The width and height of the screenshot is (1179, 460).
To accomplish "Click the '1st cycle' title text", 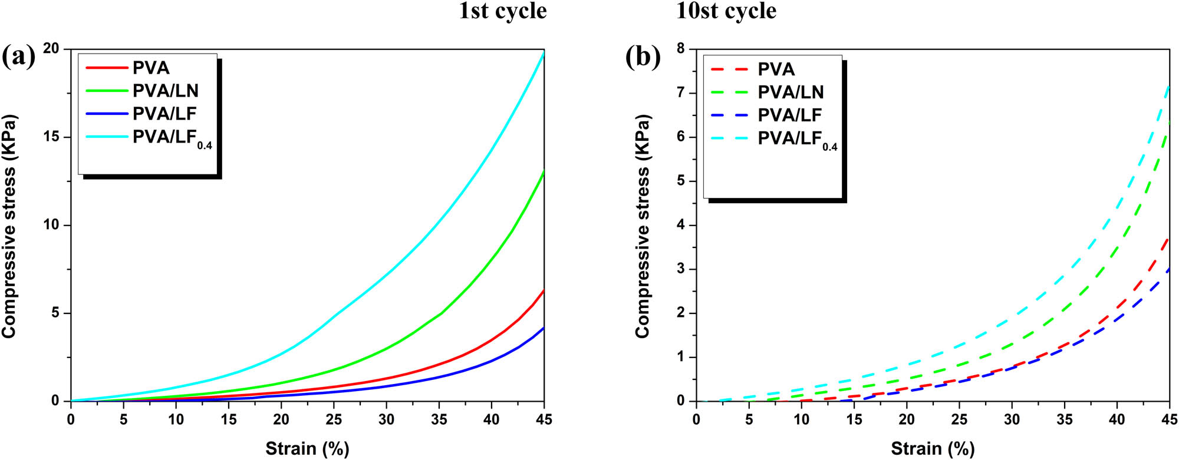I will pyautogui.click(x=502, y=11).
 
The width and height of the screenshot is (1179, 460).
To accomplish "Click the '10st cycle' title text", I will pyautogui.click(x=726, y=11).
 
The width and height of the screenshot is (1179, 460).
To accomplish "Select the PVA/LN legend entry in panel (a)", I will pyautogui.click(x=165, y=91).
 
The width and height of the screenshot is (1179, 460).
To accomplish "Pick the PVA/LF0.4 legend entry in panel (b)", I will pyautogui.click(x=797, y=140).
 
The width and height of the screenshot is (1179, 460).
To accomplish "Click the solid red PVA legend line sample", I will pyautogui.click(x=107, y=68).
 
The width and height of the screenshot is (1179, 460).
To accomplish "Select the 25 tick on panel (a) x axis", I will pyautogui.click(x=334, y=419).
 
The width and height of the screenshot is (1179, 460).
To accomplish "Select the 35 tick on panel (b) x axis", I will pyautogui.click(x=1064, y=419).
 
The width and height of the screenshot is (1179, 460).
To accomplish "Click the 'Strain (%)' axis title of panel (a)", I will pyautogui.click(x=307, y=449).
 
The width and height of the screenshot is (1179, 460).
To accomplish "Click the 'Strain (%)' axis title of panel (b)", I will pyautogui.click(x=933, y=449).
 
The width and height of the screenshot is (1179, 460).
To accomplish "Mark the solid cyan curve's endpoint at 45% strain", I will pyautogui.click(x=543, y=52).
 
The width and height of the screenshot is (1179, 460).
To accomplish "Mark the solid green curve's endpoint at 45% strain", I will pyautogui.click(x=543, y=171).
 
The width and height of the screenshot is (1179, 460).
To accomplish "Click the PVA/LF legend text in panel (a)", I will pyautogui.click(x=164, y=114).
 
